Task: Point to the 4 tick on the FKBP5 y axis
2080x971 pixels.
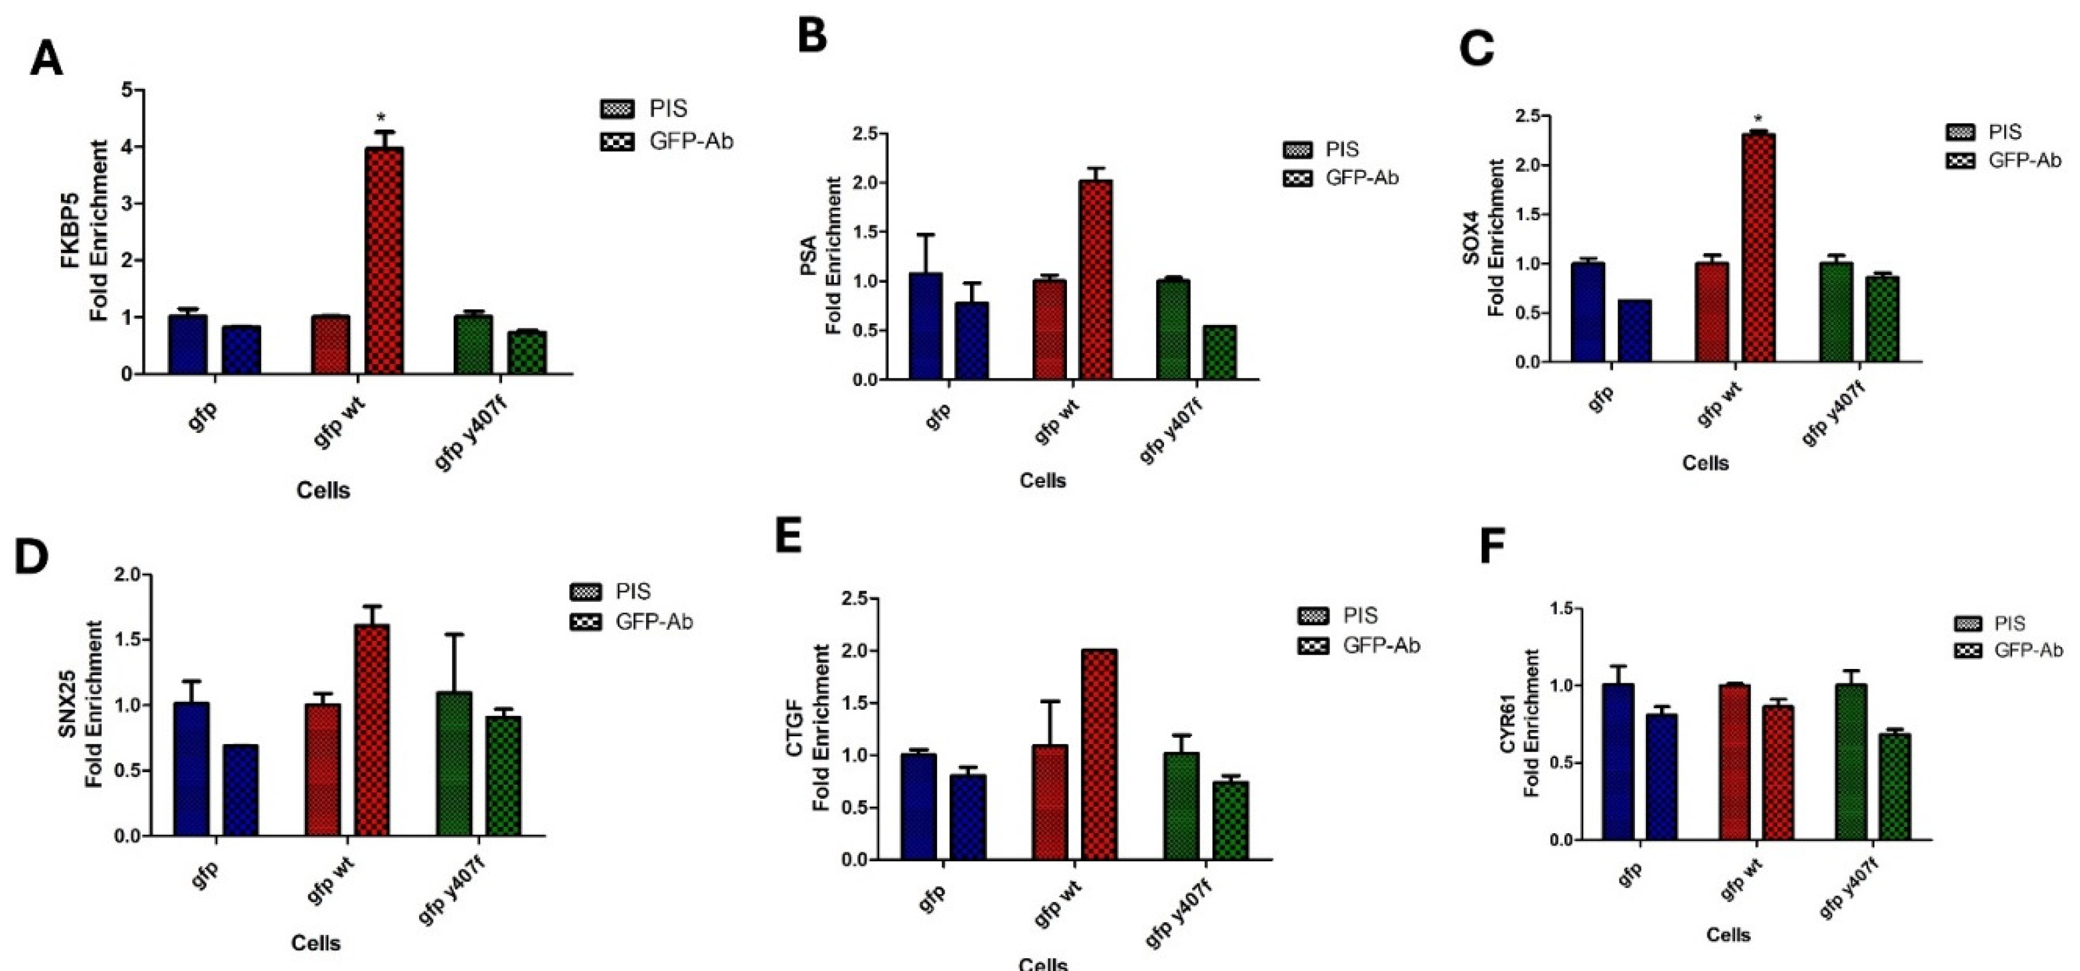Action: [127, 147]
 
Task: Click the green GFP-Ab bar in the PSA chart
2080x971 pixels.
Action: [1219, 353]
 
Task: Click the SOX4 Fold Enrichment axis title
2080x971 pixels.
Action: [1483, 238]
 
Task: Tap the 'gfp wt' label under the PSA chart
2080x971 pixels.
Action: [1056, 423]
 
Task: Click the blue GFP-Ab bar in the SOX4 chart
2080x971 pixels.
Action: [1634, 331]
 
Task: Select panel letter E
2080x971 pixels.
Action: [789, 535]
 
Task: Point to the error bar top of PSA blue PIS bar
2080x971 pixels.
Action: [925, 235]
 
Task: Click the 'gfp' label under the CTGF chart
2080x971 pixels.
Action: [933, 898]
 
